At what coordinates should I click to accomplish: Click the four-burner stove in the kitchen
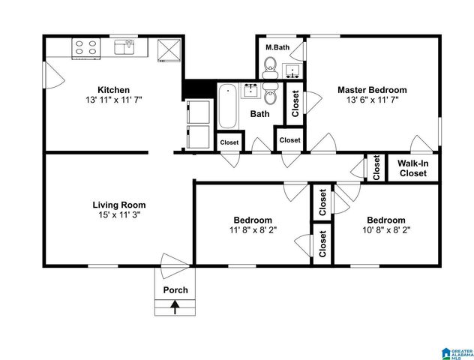tap(85, 48)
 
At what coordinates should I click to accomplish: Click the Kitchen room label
tap(113, 89)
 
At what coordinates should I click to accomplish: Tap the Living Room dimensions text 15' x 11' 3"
tap(118, 214)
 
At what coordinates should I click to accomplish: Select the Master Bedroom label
tap(371, 89)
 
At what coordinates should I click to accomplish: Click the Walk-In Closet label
tap(412, 168)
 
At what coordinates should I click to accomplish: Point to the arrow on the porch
tap(175, 306)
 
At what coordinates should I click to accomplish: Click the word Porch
tap(175, 290)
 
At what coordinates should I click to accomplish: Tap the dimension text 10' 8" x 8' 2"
tap(385, 230)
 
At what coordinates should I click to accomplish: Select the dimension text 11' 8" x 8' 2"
tap(252, 230)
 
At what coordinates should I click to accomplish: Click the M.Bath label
tap(277, 48)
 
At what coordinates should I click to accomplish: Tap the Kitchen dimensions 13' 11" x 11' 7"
tap(113, 99)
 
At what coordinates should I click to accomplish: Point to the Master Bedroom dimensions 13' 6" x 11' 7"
tap(371, 99)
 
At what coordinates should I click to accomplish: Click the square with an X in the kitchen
tap(170, 49)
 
